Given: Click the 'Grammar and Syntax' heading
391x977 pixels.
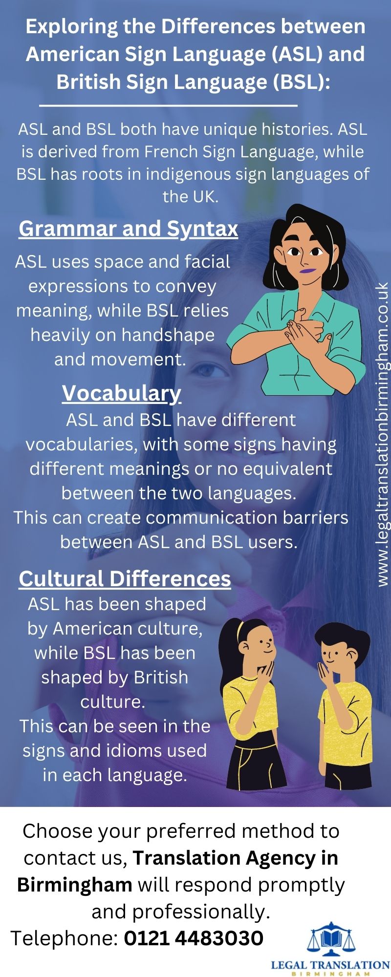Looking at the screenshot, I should (128, 229).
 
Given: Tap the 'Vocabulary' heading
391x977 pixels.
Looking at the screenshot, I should (121, 393).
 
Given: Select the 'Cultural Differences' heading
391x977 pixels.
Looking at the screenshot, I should (125, 578).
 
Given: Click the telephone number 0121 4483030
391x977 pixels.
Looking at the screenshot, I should (194, 938).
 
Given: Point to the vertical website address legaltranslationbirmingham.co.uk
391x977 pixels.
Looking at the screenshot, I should (383, 435).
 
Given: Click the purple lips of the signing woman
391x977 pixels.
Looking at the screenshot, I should (306, 270).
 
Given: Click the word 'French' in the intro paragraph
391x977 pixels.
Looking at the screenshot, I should (170, 152).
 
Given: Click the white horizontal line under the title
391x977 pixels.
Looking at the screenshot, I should (168, 105).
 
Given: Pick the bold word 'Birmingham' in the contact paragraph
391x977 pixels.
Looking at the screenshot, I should (74, 885).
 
